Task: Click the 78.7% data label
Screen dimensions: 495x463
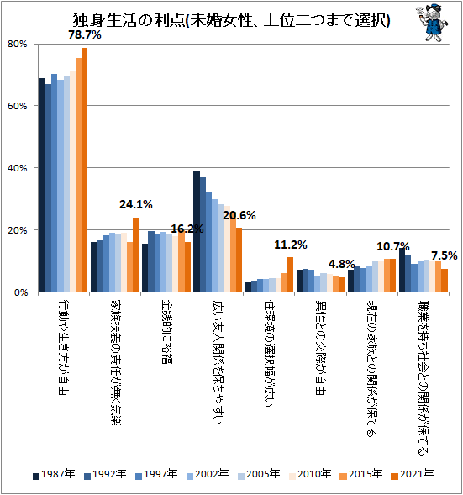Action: (x=86, y=35)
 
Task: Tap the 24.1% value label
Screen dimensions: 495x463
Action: (x=135, y=204)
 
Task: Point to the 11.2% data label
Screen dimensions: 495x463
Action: (x=291, y=245)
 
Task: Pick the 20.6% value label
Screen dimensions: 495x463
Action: (x=239, y=215)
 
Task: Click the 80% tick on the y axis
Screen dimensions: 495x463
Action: (x=18, y=44)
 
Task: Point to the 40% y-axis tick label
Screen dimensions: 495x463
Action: (x=18, y=168)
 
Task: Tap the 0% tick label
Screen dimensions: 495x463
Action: (x=20, y=292)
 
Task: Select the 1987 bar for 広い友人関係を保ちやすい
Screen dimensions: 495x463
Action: (x=197, y=231)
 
